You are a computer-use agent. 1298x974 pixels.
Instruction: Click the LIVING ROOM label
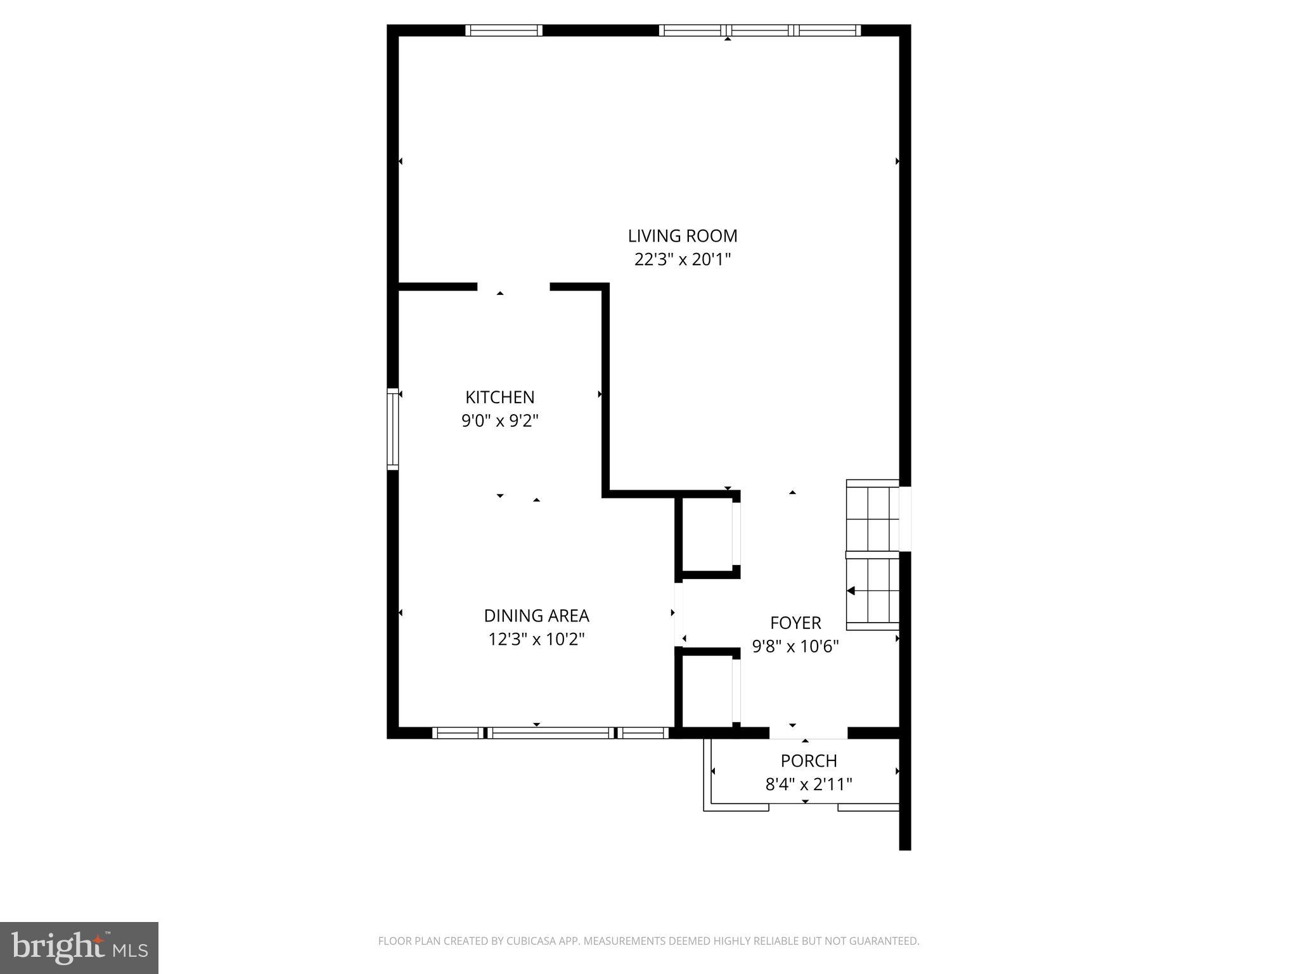pos(683,236)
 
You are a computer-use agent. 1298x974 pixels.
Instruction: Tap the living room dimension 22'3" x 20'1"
pos(683,259)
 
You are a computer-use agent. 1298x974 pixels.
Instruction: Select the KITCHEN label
pos(500,397)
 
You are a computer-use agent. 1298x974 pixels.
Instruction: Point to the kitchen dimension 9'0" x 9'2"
pos(500,420)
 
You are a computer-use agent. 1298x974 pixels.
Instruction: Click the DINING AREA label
pos(536,616)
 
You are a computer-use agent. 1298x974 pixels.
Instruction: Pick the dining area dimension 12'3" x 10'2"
pos(536,639)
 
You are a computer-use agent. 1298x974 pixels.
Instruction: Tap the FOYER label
pos(795,623)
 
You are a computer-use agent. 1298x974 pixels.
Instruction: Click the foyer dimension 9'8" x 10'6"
pos(795,646)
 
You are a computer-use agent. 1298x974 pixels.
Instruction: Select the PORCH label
pos(809,760)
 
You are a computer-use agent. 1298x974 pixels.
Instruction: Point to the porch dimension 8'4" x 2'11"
pos(809,784)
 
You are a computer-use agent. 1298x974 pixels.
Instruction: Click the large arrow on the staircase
pos(851,591)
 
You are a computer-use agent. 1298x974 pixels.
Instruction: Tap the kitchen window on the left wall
pos(393,429)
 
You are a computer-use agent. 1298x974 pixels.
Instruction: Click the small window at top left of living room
pos(504,30)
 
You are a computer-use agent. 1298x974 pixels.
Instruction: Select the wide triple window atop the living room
pos(760,30)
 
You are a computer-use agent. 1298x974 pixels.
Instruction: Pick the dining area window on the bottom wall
pos(550,733)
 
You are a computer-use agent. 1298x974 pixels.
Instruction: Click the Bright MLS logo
pos(79,947)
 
